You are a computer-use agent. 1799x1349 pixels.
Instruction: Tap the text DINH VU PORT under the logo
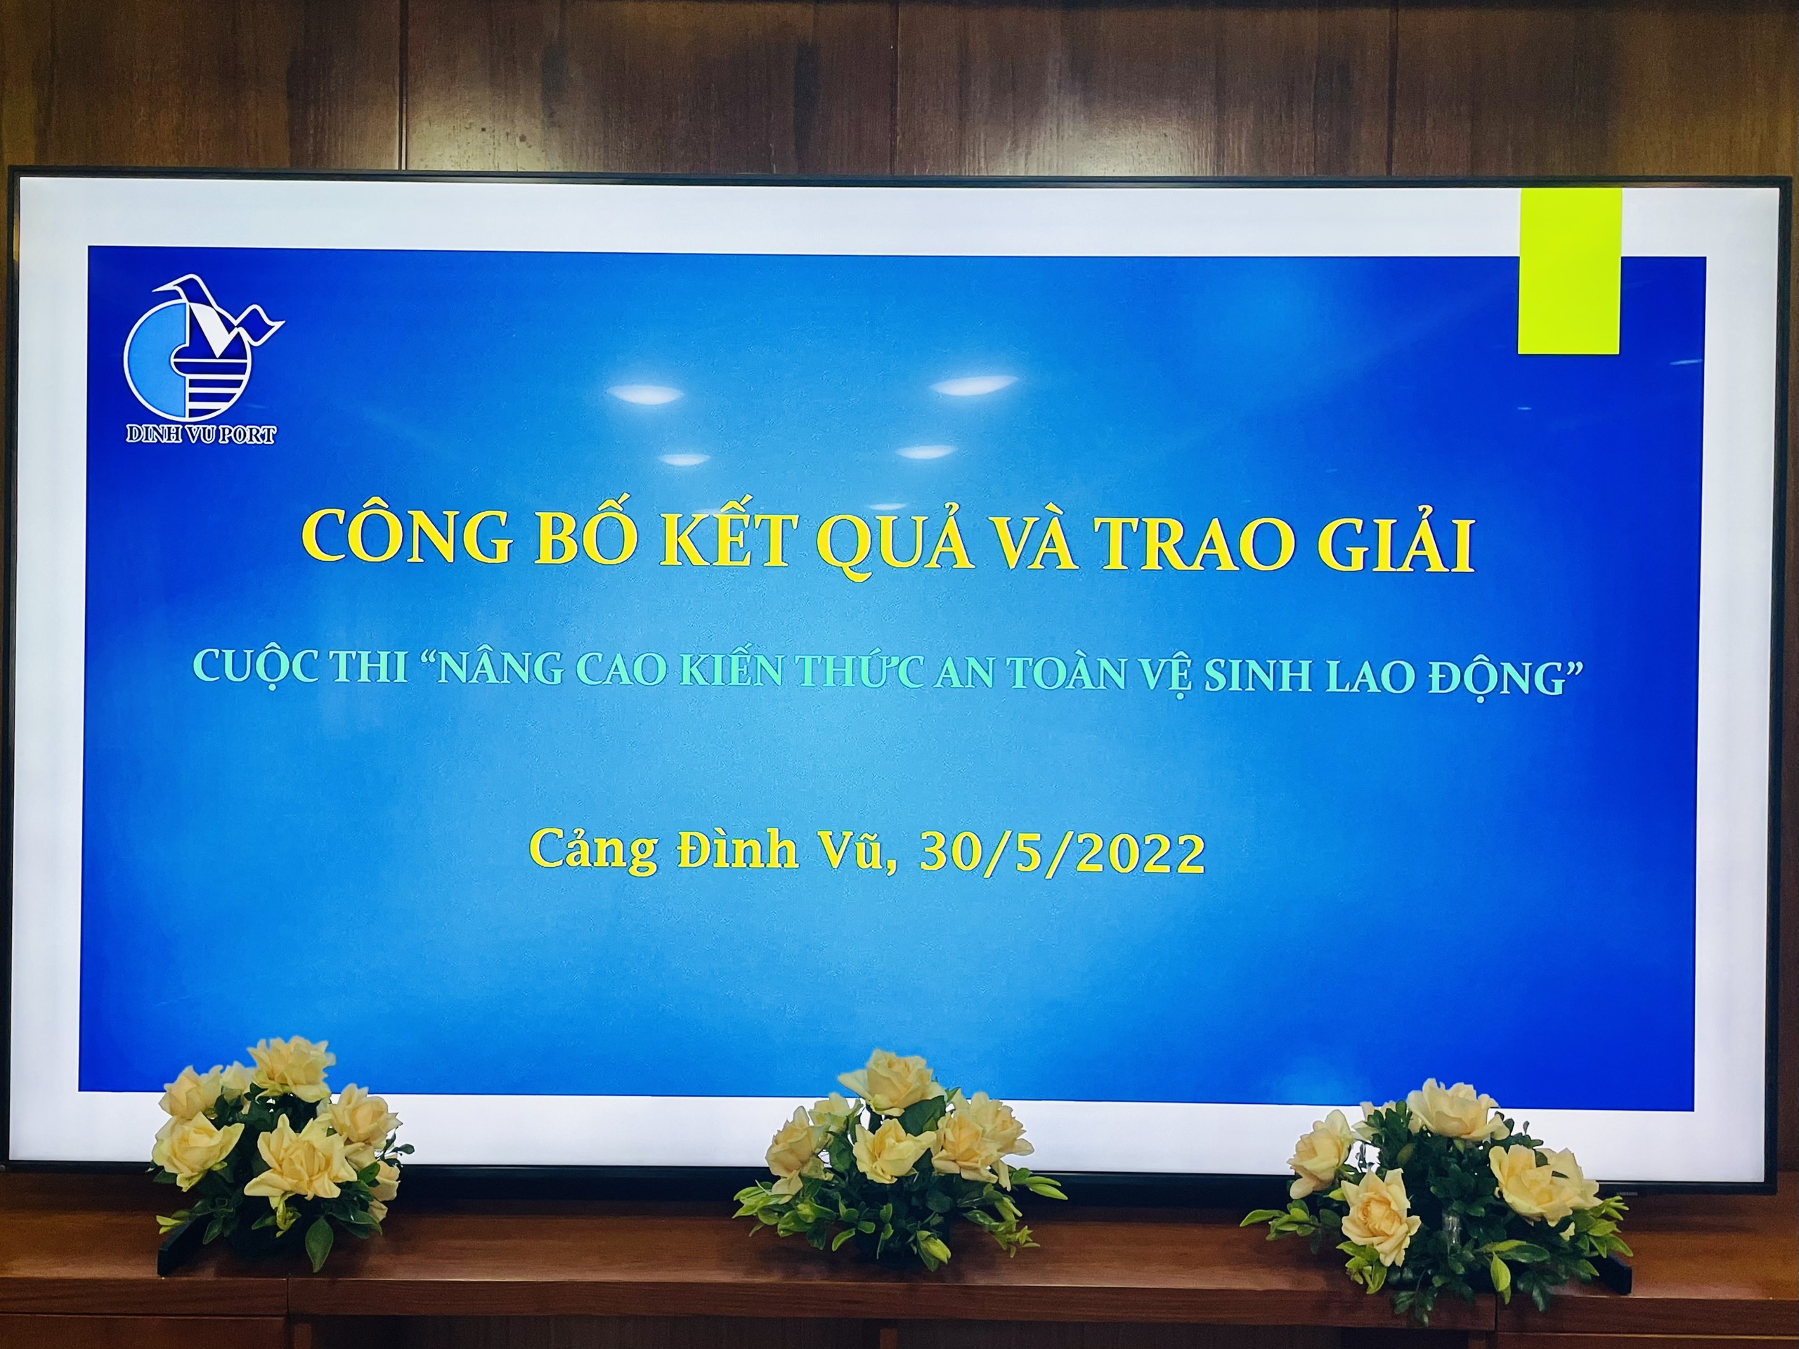200,434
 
